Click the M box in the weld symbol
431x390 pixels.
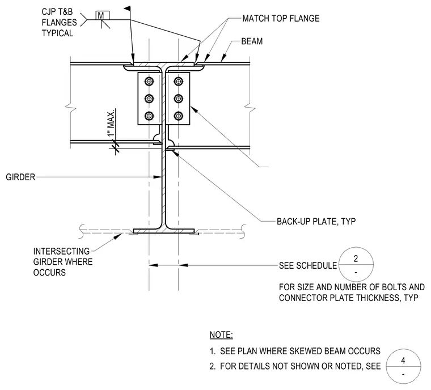102,15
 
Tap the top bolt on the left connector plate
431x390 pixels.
149,82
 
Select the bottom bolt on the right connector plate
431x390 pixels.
179,116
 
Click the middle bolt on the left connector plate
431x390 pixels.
149,99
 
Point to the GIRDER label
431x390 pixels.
20,177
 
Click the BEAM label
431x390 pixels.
252,41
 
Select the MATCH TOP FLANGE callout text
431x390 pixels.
281,18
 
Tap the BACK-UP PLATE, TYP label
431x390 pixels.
316,221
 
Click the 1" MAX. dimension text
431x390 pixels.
111,123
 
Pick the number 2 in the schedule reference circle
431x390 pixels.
356,258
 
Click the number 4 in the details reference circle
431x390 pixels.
403,361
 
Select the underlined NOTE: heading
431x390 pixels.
221,335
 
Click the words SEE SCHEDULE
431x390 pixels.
308,265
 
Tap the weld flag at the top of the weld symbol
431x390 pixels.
127,9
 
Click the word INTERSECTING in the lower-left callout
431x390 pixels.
61,251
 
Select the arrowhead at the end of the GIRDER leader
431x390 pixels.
158,177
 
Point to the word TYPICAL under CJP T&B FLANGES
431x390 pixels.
57,33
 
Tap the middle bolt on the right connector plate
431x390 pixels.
179,99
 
